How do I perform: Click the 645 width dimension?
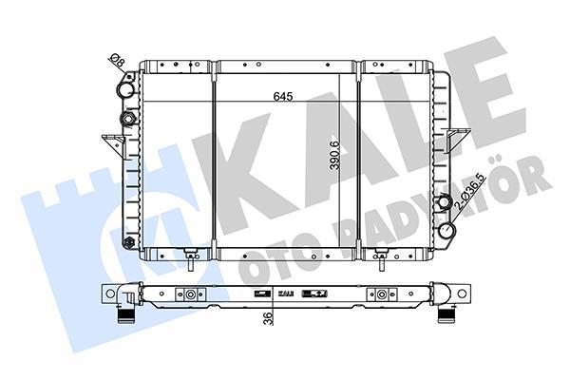283,96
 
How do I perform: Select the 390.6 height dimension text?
334,155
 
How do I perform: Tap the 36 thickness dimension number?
268,318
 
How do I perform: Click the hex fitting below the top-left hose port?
127,119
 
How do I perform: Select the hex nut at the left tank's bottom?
128,242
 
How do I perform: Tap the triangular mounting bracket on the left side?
113,144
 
